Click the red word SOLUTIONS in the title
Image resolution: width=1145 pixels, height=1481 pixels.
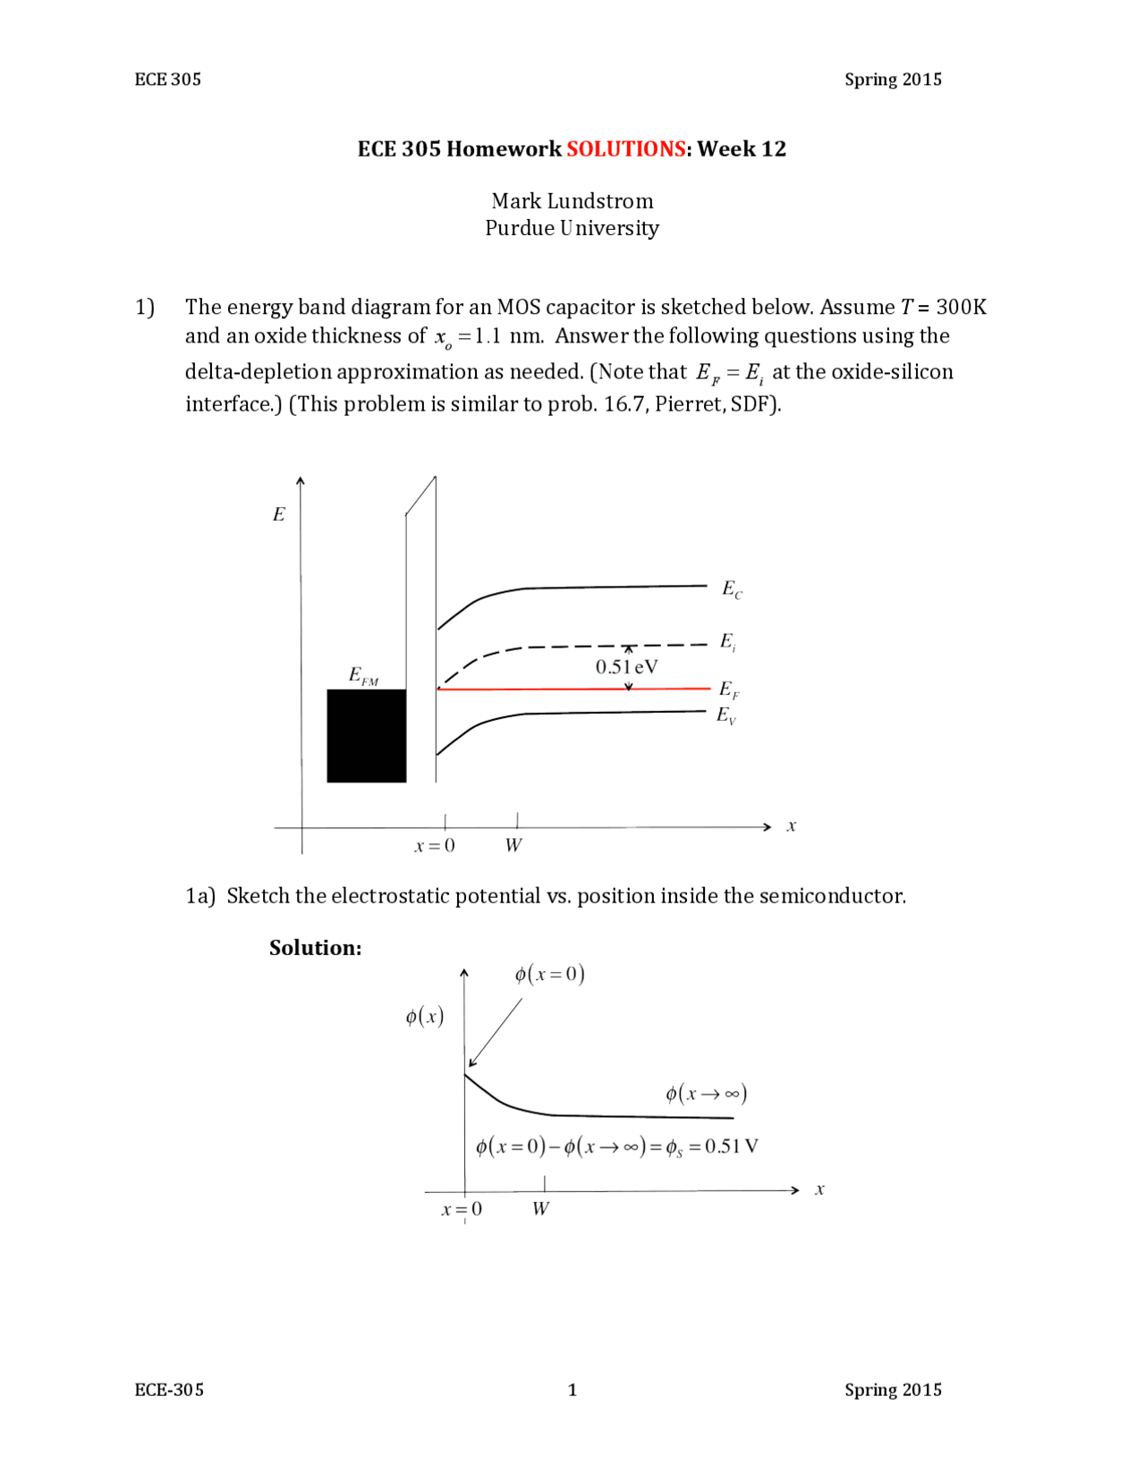(x=625, y=149)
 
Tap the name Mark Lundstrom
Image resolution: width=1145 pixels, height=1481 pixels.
(x=572, y=201)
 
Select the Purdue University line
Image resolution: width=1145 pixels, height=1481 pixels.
(x=572, y=229)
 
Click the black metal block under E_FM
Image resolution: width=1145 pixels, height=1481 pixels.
(x=366, y=736)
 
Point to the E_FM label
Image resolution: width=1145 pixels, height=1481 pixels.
(x=363, y=676)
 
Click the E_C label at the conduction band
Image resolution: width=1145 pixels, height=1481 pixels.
(x=732, y=589)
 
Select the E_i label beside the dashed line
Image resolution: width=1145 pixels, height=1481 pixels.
(x=728, y=642)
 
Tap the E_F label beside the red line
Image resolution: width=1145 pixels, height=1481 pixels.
(x=729, y=690)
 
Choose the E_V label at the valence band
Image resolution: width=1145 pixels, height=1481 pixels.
(x=726, y=715)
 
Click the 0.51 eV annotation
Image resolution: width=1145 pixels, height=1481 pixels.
(x=626, y=667)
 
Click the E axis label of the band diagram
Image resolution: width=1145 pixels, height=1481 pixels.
(x=279, y=515)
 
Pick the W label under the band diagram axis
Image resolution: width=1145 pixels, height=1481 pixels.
(x=513, y=846)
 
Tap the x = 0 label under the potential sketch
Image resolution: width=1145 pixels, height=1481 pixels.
(x=462, y=1210)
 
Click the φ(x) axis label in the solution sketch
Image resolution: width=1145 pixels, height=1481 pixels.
(x=425, y=1017)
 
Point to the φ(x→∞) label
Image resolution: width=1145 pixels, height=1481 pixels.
(x=706, y=1094)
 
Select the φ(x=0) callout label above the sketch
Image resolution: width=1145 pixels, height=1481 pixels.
(x=549, y=975)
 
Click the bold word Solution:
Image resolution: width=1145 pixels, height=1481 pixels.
(x=316, y=948)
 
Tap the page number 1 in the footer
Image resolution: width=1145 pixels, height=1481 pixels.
(x=572, y=1390)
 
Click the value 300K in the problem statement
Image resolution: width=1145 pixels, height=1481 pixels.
(x=961, y=308)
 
